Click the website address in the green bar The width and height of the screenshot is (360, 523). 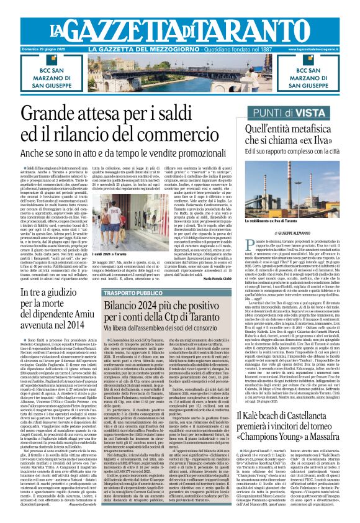coord(318,49)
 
